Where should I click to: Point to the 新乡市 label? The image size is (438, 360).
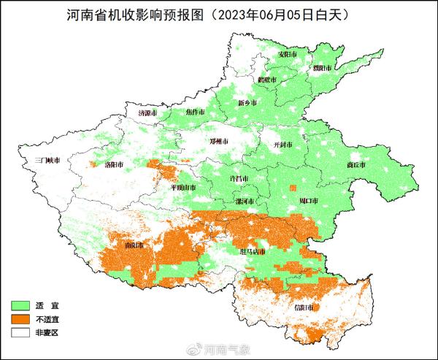[248, 103]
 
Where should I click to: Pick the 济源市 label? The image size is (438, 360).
[148, 114]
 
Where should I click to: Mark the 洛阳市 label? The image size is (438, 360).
[115, 165]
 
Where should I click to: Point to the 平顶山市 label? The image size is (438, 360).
[183, 188]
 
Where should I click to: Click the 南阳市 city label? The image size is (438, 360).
[135, 245]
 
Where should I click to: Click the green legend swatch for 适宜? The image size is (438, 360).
[20, 304]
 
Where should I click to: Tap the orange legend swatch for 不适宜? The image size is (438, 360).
[20, 318]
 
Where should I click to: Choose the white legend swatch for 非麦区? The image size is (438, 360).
[20, 332]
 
